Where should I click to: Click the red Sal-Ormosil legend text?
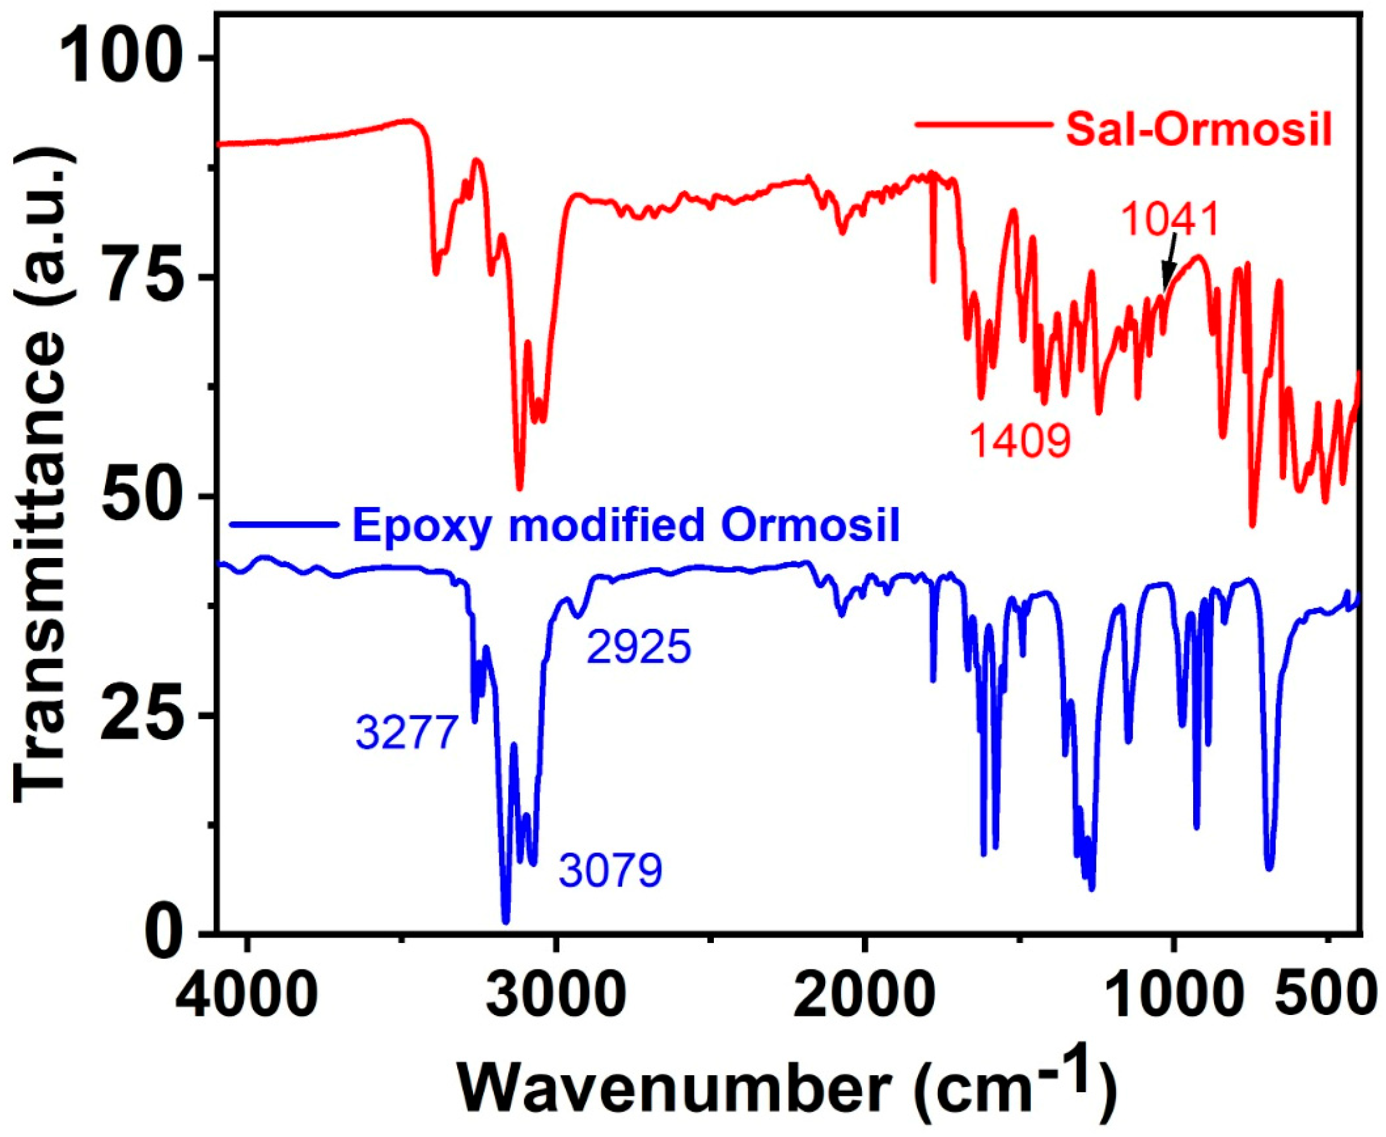pos(1199,131)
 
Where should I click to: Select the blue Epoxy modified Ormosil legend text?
pos(626,525)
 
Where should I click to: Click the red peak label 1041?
pos(1170,220)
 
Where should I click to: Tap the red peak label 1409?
pos(1021,440)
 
